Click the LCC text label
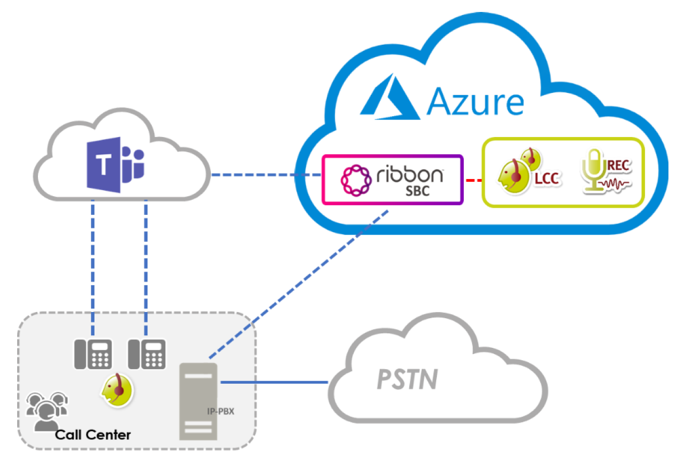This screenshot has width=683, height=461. [546, 178]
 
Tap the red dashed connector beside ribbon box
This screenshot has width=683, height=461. [473, 180]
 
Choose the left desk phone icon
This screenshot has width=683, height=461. [93, 354]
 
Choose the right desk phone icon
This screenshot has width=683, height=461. [146, 354]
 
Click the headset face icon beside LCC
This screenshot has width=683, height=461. [514, 172]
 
